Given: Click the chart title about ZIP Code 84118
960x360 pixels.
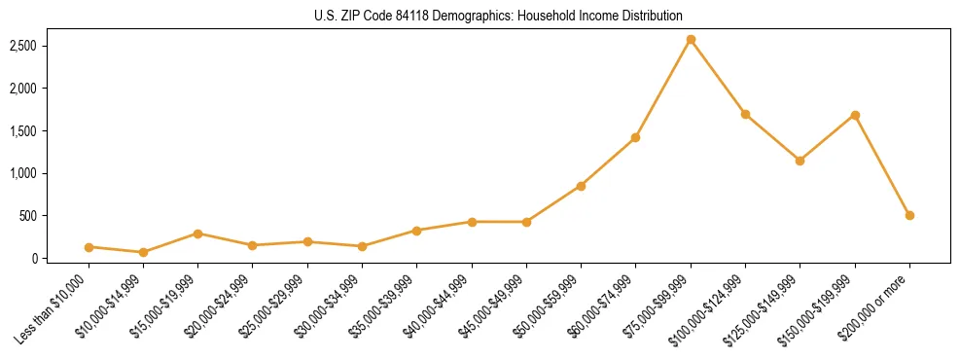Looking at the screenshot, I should [x=498, y=16].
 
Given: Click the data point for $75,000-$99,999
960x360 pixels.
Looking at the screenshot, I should [x=691, y=40].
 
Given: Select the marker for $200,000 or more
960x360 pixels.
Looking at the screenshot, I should [x=909, y=215].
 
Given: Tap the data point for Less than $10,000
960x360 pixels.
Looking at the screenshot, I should [x=89, y=247].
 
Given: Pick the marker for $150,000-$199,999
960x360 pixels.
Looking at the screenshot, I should [x=855, y=115].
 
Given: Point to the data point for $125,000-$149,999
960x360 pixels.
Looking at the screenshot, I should [x=800, y=161].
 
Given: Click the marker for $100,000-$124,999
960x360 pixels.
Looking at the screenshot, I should [x=745, y=114].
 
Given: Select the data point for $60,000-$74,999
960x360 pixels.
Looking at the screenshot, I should [x=635, y=137].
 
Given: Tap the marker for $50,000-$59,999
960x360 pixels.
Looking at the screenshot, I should [x=581, y=186].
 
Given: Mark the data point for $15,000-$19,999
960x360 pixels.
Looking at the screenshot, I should [x=197, y=234].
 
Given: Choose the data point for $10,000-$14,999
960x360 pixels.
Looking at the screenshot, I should [x=143, y=252].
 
